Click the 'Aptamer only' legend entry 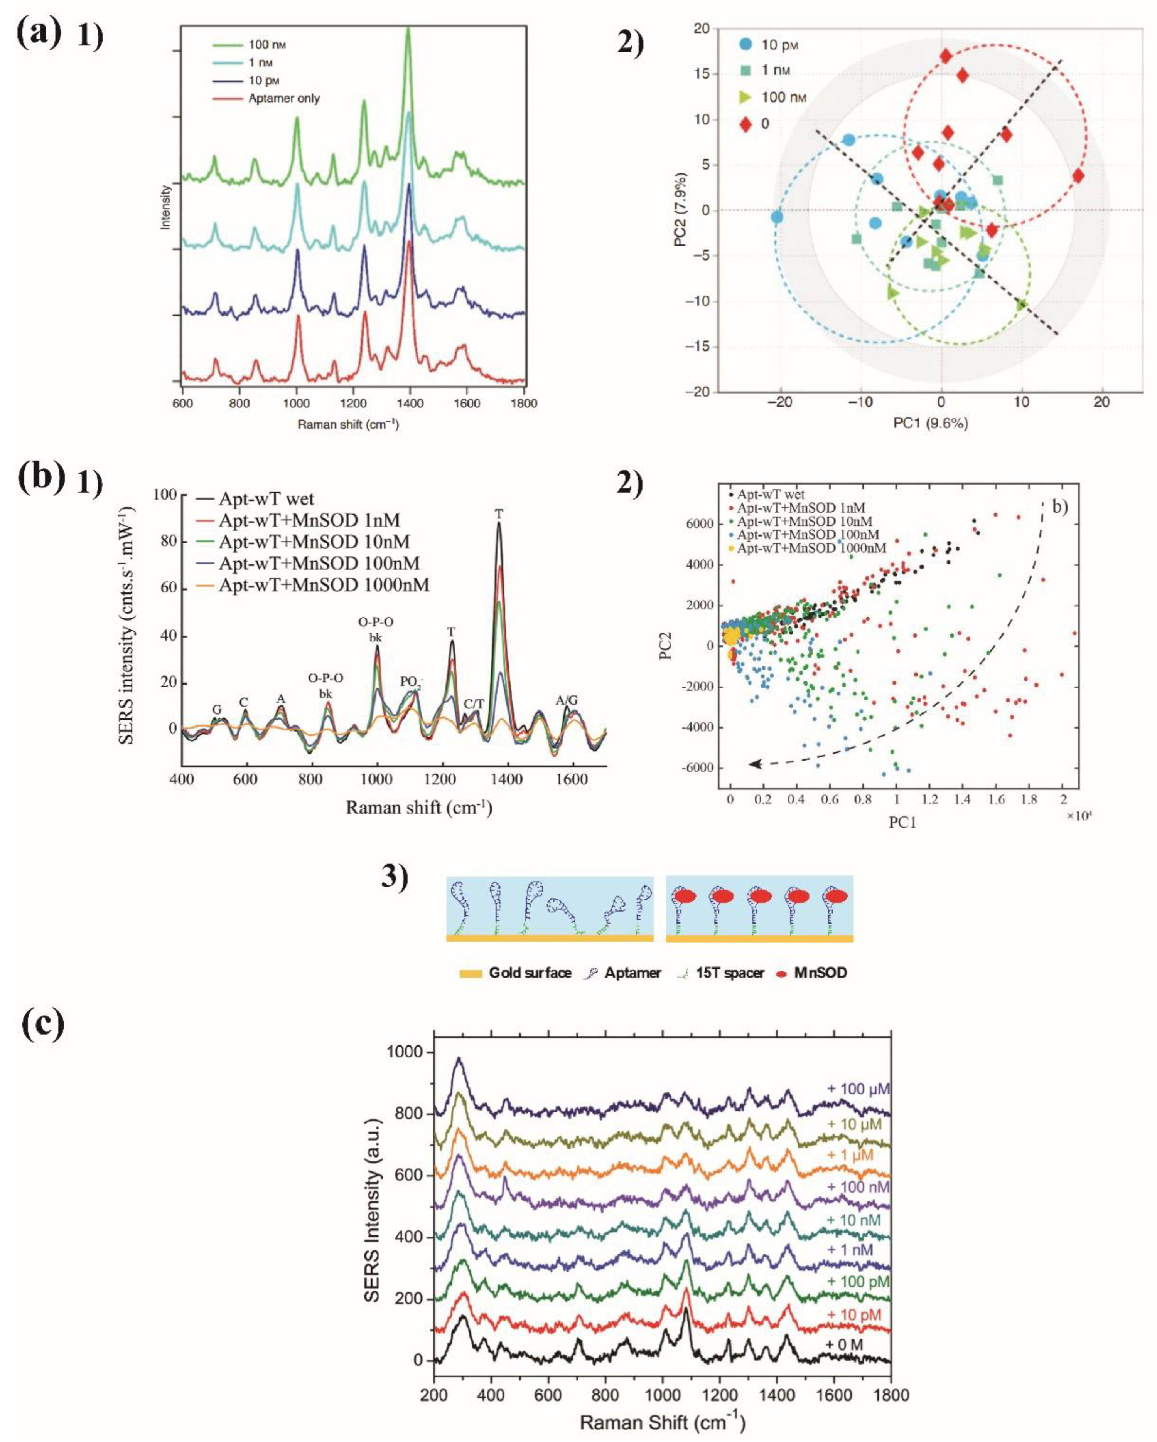point(284,98)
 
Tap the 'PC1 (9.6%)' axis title point(928,423)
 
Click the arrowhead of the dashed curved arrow point(754,763)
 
